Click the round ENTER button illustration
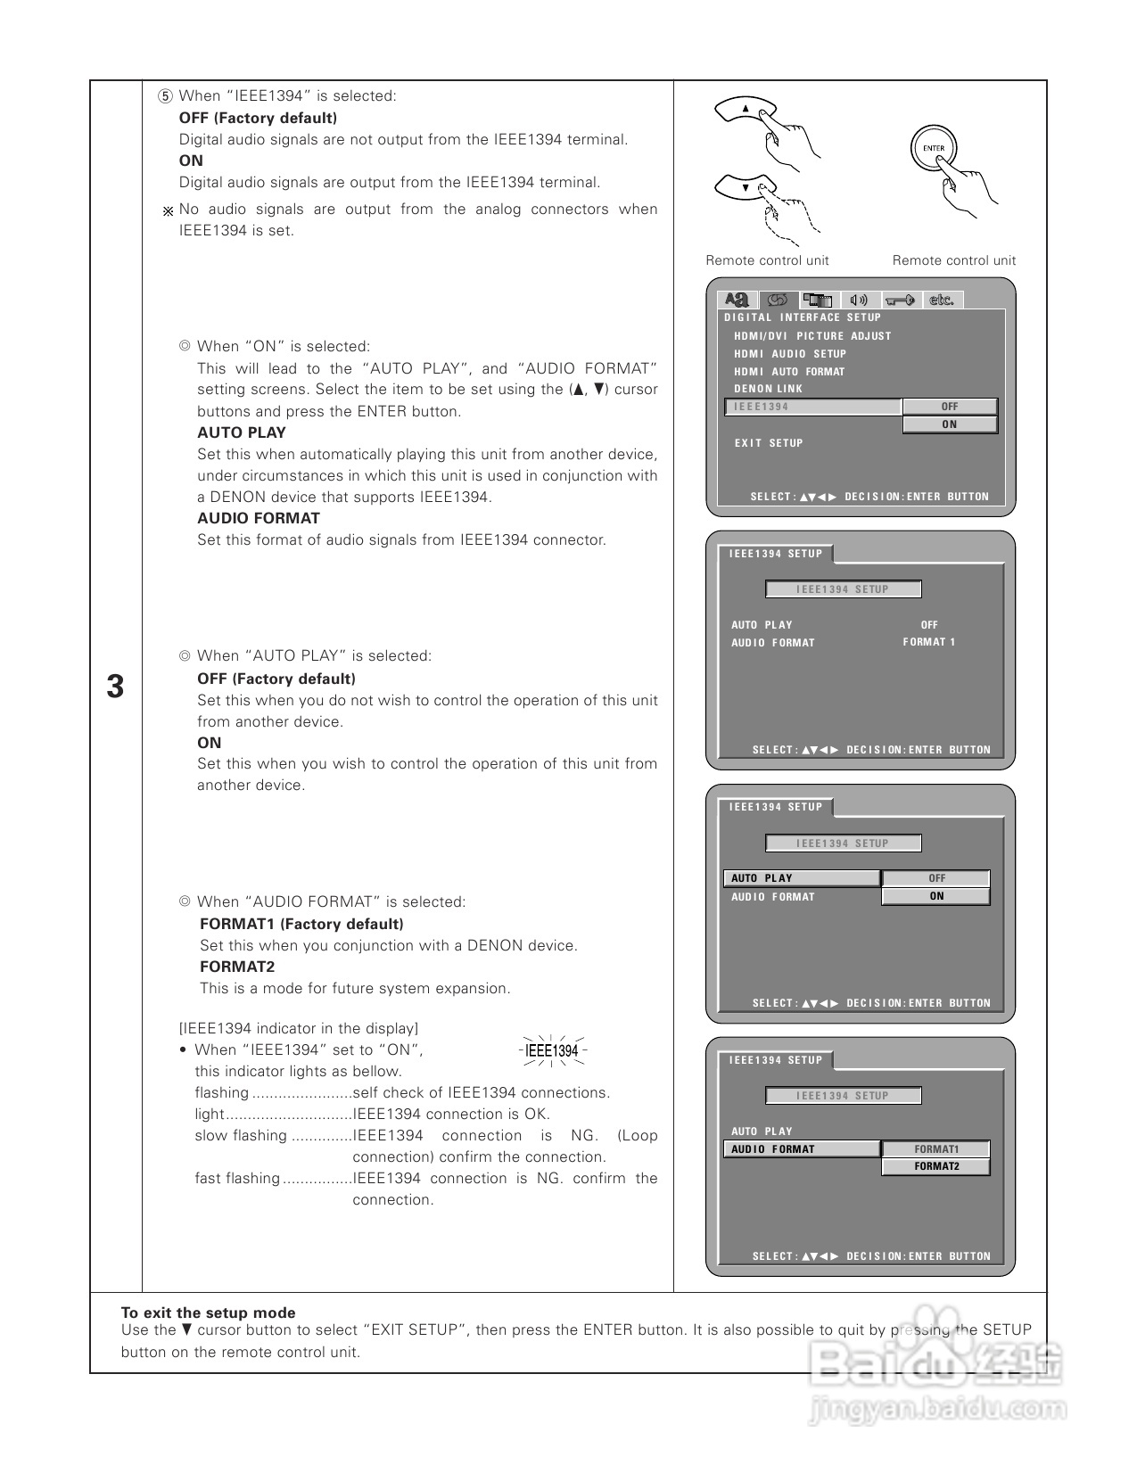pos(933,149)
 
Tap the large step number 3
pos(115,687)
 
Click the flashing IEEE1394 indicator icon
pos(552,1050)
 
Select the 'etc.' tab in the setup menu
pos(942,300)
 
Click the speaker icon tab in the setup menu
pos(859,300)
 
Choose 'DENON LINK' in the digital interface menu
pos(768,389)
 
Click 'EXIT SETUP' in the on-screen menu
pos(768,443)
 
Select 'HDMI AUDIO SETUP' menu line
pos(789,354)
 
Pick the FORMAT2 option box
pos(935,1166)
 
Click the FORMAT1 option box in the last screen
pos(935,1149)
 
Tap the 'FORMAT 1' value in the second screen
pos(928,642)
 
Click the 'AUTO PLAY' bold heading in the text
pos(242,432)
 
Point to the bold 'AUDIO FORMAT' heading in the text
pos(259,518)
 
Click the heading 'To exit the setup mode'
pos(208,1313)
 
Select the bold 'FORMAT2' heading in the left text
pos(237,967)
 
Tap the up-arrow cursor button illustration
pos(746,110)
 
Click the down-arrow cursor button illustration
pos(746,187)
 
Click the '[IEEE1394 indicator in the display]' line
pos(298,1028)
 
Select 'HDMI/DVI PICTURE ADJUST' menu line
pos(812,336)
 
